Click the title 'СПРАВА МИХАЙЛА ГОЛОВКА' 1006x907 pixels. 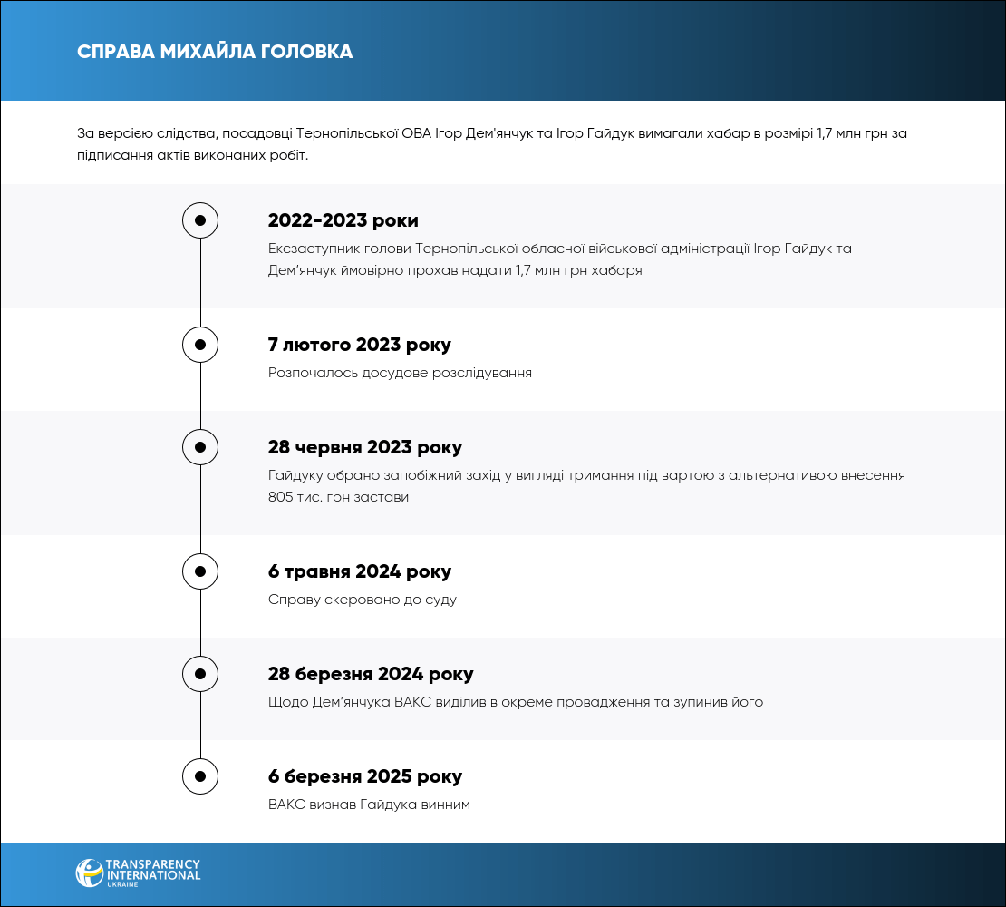(x=215, y=52)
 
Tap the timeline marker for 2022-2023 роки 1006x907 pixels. (x=200, y=220)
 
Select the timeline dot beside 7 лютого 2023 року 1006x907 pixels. (x=200, y=345)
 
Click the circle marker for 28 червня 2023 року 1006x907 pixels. (x=200, y=447)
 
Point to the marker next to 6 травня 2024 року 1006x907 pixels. (x=200, y=571)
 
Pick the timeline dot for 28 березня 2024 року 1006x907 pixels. (x=200, y=674)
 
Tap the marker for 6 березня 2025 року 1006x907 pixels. (x=200, y=776)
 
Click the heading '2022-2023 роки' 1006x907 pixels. (x=343, y=221)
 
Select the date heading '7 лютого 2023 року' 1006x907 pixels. (x=359, y=346)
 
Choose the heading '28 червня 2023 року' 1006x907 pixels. (x=365, y=448)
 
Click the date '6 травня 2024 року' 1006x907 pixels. (x=359, y=572)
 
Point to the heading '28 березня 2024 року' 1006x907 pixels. (x=371, y=675)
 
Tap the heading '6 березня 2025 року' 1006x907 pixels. (x=365, y=777)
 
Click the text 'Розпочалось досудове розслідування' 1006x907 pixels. (x=400, y=373)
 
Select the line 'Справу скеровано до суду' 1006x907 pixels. (x=363, y=600)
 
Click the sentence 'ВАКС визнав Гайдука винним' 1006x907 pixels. (x=369, y=805)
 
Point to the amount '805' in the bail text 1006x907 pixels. (x=282, y=497)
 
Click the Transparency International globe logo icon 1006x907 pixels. (x=89, y=873)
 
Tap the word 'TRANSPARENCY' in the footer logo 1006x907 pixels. (x=153, y=865)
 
